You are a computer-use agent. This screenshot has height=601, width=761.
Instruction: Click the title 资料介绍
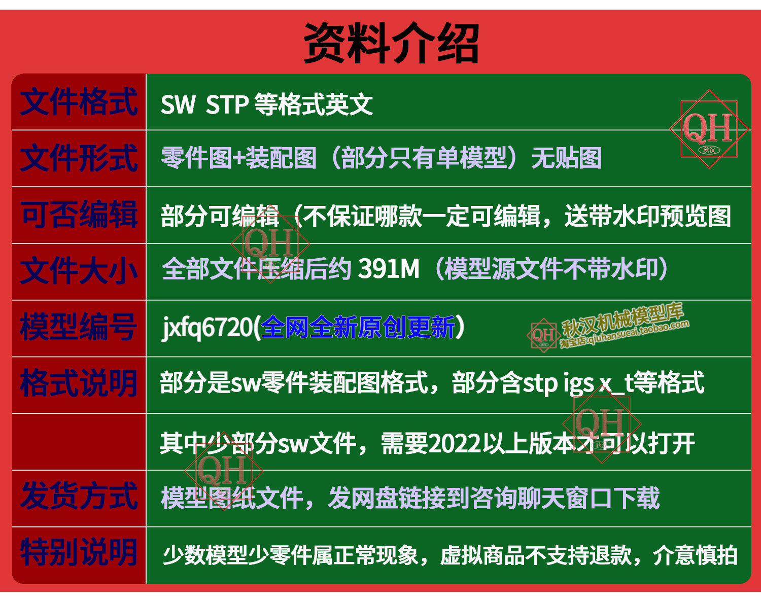pyautogui.click(x=391, y=43)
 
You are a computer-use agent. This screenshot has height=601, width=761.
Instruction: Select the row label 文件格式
pyautogui.click(x=79, y=102)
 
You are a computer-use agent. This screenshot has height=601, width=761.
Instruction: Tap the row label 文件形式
pyautogui.click(x=79, y=158)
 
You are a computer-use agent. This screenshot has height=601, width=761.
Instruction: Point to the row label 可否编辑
pyautogui.click(x=79, y=215)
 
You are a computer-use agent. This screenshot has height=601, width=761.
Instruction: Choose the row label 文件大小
pyautogui.click(x=79, y=271)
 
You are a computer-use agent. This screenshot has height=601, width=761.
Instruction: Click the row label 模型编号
pyautogui.click(x=78, y=327)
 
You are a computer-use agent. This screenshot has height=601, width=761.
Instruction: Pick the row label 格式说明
pyautogui.click(x=78, y=383)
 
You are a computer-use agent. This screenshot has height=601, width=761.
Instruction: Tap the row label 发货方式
pyautogui.click(x=79, y=496)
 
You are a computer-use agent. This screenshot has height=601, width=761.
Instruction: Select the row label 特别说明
pyautogui.click(x=78, y=552)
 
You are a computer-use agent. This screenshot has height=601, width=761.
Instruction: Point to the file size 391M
pyautogui.click(x=389, y=269)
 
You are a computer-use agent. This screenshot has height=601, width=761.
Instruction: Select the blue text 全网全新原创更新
pyautogui.click(x=358, y=327)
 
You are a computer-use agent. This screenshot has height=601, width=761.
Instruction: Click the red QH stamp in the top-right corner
pyautogui.click(x=709, y=129)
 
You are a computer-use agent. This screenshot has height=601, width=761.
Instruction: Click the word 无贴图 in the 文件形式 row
pyautogui.click(x=566, y=158)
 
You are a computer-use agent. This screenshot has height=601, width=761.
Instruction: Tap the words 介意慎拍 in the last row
pyautogui.click(x=695, y=555)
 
